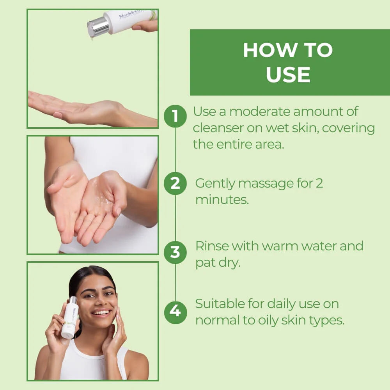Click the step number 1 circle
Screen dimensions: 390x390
click(175, 116)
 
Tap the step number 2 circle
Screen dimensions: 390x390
click(175, 183)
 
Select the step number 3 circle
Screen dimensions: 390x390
click(175, 252)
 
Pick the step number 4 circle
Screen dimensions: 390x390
click(175, 312)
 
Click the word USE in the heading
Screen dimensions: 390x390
click(288, 74)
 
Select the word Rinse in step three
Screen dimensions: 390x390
click(211, 246)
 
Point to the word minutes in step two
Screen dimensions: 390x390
click(222, 200)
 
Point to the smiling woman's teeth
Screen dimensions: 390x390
click(101, 312)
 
